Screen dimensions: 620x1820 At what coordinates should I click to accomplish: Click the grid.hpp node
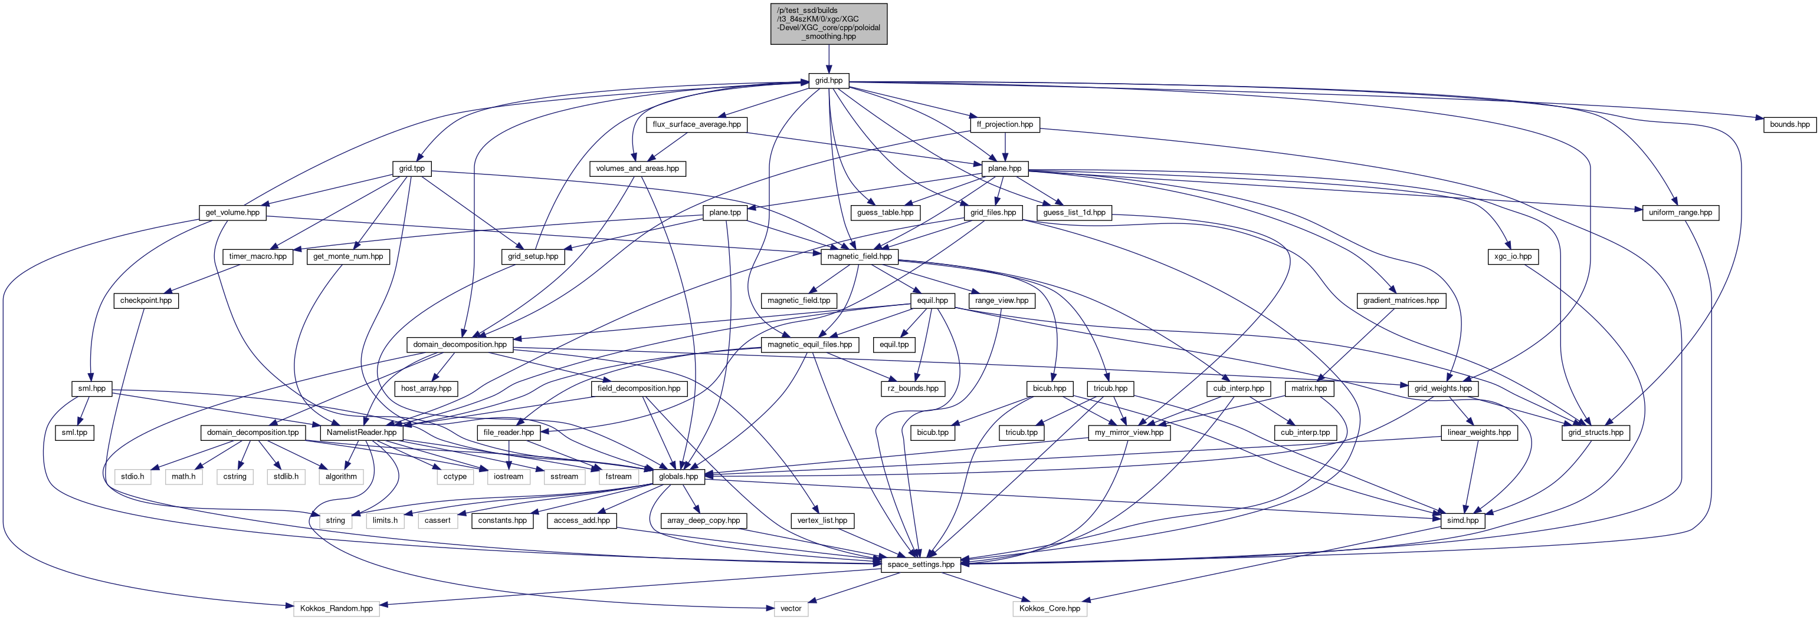coord(829,81)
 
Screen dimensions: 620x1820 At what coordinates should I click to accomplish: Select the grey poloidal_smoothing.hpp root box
coord(829,24)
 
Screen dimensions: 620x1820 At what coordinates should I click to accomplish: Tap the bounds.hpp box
coord(1790,124)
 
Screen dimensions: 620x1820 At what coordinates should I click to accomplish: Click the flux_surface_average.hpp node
coord(697,124)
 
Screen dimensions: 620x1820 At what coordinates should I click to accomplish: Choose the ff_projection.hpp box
coord(1005,124)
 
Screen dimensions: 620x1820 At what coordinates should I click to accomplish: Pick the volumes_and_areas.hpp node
coord(637,169)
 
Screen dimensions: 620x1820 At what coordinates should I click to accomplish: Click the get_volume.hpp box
coord(232,213)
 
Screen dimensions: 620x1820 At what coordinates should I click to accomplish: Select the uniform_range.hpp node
coord(1680,213)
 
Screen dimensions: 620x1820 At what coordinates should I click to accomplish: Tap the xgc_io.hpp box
coord(1513,256)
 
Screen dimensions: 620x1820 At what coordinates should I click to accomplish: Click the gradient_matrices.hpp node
coord(1401,301)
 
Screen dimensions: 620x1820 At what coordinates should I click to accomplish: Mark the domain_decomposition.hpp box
coord(460,345)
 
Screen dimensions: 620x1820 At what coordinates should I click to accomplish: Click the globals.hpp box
coord(678,477)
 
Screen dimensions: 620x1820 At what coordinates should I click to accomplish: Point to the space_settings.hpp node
coord(920,564)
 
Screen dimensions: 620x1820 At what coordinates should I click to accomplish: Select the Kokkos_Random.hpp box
coord(336,608)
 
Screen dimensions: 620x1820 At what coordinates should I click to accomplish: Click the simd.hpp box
coord(1462,520)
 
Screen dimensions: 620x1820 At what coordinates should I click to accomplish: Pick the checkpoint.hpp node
coord(146,301)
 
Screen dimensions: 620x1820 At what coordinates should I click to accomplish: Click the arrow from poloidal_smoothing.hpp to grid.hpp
coord(829,60)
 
